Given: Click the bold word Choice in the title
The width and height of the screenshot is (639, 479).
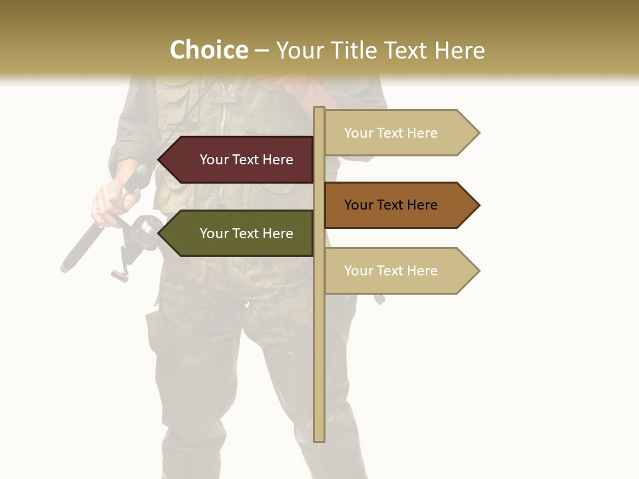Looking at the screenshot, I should tap(208, 50).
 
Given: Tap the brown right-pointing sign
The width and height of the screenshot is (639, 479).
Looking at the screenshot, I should tap(396, 205).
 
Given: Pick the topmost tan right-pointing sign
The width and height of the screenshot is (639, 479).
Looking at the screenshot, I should tap(396, 133).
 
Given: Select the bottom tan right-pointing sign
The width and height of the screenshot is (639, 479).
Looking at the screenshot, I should tap(396, 271).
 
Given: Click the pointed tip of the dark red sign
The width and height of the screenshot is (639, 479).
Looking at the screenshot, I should tap(160, 160).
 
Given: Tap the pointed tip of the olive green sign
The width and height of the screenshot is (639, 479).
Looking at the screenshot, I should tap(160, 234).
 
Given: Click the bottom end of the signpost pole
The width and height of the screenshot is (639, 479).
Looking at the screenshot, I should tap(319, 439).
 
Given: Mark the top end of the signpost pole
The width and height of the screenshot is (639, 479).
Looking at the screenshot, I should tap(319, 109).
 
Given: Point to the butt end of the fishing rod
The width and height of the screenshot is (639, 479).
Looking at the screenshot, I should tap(66, 268).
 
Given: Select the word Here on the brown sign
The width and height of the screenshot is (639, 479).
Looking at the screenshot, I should tap(421, 205).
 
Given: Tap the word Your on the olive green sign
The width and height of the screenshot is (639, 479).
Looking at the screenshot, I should tap(214, 234).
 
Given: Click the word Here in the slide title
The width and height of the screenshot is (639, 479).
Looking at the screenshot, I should tap(460, 50).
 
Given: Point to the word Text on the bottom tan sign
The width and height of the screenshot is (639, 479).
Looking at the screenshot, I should tap(391, 271).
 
